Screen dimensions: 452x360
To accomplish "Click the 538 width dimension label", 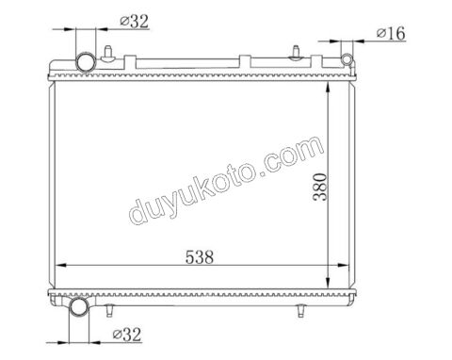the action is (x=200, y=257).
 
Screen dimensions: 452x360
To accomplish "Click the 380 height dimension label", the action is (x=320, y=188).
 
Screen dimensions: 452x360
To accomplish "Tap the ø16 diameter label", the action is (x=391, y=33).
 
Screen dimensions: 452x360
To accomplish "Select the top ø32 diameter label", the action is (x=134, y=22).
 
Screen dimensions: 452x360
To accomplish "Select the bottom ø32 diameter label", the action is (x=127, y=335).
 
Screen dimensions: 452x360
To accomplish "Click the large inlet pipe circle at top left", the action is (x=86, y=62).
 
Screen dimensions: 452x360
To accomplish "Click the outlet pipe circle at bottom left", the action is (x=79, y=307).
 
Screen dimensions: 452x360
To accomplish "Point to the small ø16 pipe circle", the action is (x=347, y=59).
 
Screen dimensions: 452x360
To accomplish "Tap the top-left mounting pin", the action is (x=108, y=54).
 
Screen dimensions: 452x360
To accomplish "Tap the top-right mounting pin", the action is (x=296, y=54).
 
